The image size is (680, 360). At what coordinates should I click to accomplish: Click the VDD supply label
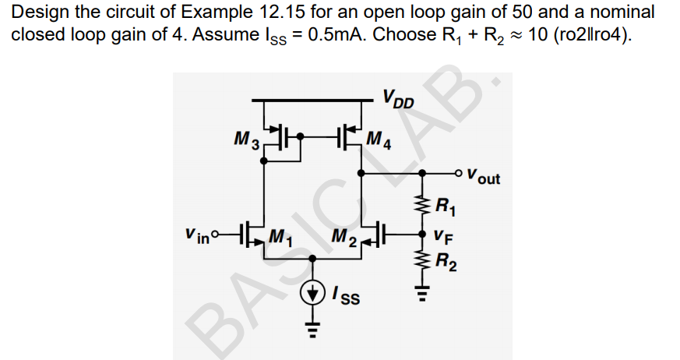point(399,100)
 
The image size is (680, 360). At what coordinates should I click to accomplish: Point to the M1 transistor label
point(278,235)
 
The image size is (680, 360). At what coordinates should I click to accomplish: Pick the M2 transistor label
point(344,235)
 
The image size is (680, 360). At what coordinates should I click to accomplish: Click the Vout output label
point(484,177)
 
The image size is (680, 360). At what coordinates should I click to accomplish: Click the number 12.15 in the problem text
point(285,12)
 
